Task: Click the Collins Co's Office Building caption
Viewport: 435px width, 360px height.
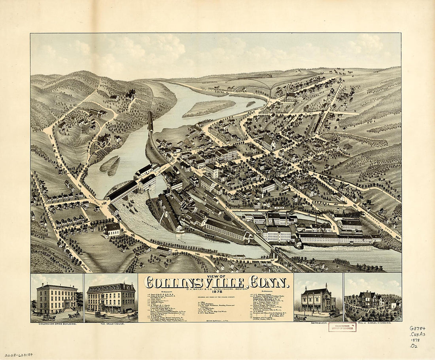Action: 57,324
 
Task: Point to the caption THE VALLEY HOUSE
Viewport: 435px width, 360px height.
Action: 111,324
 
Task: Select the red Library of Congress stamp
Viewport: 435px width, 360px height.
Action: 342,327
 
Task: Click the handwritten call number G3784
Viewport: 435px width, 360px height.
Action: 417,328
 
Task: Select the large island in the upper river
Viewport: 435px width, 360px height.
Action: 209,107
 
